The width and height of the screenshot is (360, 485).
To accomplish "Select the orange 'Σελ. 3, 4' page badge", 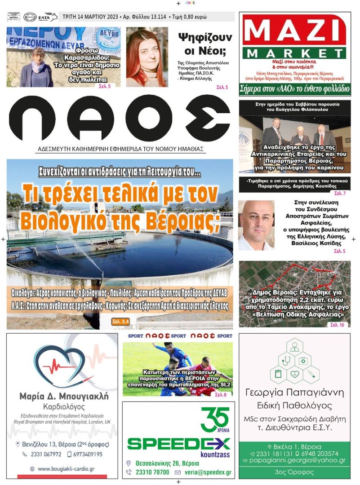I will click(120, 322).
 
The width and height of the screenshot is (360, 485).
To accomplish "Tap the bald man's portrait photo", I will click(256, 225).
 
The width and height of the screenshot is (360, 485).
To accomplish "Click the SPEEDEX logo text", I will click(178, 444).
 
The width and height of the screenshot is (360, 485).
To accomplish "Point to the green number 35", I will click(214, 419).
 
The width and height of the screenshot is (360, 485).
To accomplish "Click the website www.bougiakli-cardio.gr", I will click(66, 469).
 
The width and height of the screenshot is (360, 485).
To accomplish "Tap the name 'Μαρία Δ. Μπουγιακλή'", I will click(63, 397).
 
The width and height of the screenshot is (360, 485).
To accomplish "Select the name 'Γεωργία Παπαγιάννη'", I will click(294, 392).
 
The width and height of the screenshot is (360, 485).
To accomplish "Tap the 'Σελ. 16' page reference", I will click(337, 324).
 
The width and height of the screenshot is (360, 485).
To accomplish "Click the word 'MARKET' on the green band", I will click(294, 53).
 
